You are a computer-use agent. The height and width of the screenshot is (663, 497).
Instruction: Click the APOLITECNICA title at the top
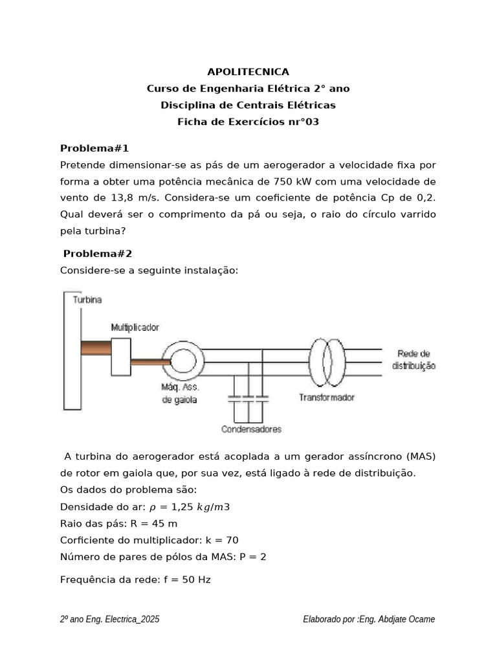[248, 72]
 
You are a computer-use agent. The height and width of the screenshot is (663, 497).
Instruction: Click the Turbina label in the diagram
[87, 300]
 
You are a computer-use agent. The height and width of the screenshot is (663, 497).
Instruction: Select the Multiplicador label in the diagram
[135, 328]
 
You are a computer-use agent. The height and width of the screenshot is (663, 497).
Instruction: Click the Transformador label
[326, 398]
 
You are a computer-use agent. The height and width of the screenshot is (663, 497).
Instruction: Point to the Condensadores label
[251, 429]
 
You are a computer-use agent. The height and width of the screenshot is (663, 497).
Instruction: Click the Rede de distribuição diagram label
[414, 360]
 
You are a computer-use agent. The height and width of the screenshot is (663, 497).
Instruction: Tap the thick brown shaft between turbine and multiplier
[96, 348]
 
